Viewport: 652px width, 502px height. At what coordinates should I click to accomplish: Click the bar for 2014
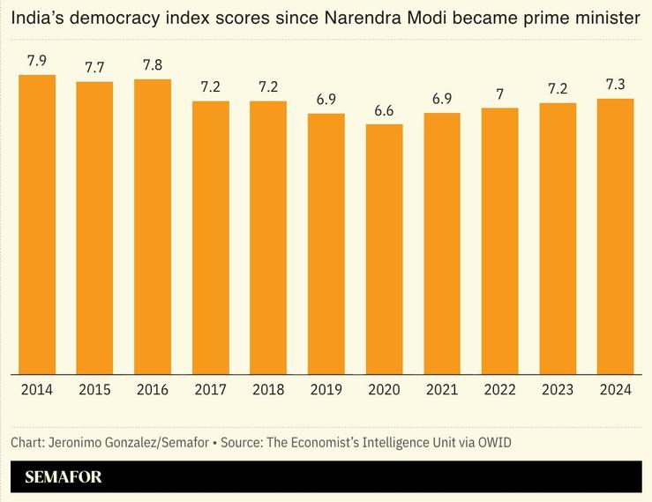click(37, 224)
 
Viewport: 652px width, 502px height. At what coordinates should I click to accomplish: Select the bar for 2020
click(384, 249)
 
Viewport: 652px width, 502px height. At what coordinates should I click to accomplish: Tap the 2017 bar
click(210, 237)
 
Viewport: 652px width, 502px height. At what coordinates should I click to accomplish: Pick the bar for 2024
click(615, 236)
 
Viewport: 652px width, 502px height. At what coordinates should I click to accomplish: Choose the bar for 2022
click(499, 241)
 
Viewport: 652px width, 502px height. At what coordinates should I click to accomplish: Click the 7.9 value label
click(37, 61)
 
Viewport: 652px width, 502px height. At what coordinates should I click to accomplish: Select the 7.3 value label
click(615, 85)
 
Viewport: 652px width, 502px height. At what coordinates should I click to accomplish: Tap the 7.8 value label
click(153, 65)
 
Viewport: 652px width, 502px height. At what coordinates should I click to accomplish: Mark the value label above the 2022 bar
click(499, 94)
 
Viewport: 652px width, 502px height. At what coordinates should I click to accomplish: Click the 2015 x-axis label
click(94, 389)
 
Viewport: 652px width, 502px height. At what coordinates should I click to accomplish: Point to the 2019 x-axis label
click(326, 389)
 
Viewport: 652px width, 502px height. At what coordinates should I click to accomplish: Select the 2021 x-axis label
click(441, 389)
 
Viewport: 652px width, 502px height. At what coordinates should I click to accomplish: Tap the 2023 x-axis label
click(558, 389)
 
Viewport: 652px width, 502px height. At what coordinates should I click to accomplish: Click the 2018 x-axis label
click(268, 389)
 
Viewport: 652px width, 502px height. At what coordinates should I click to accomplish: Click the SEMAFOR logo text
click(64, 477)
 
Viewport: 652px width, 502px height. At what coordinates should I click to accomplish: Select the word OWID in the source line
click(493, 441)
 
